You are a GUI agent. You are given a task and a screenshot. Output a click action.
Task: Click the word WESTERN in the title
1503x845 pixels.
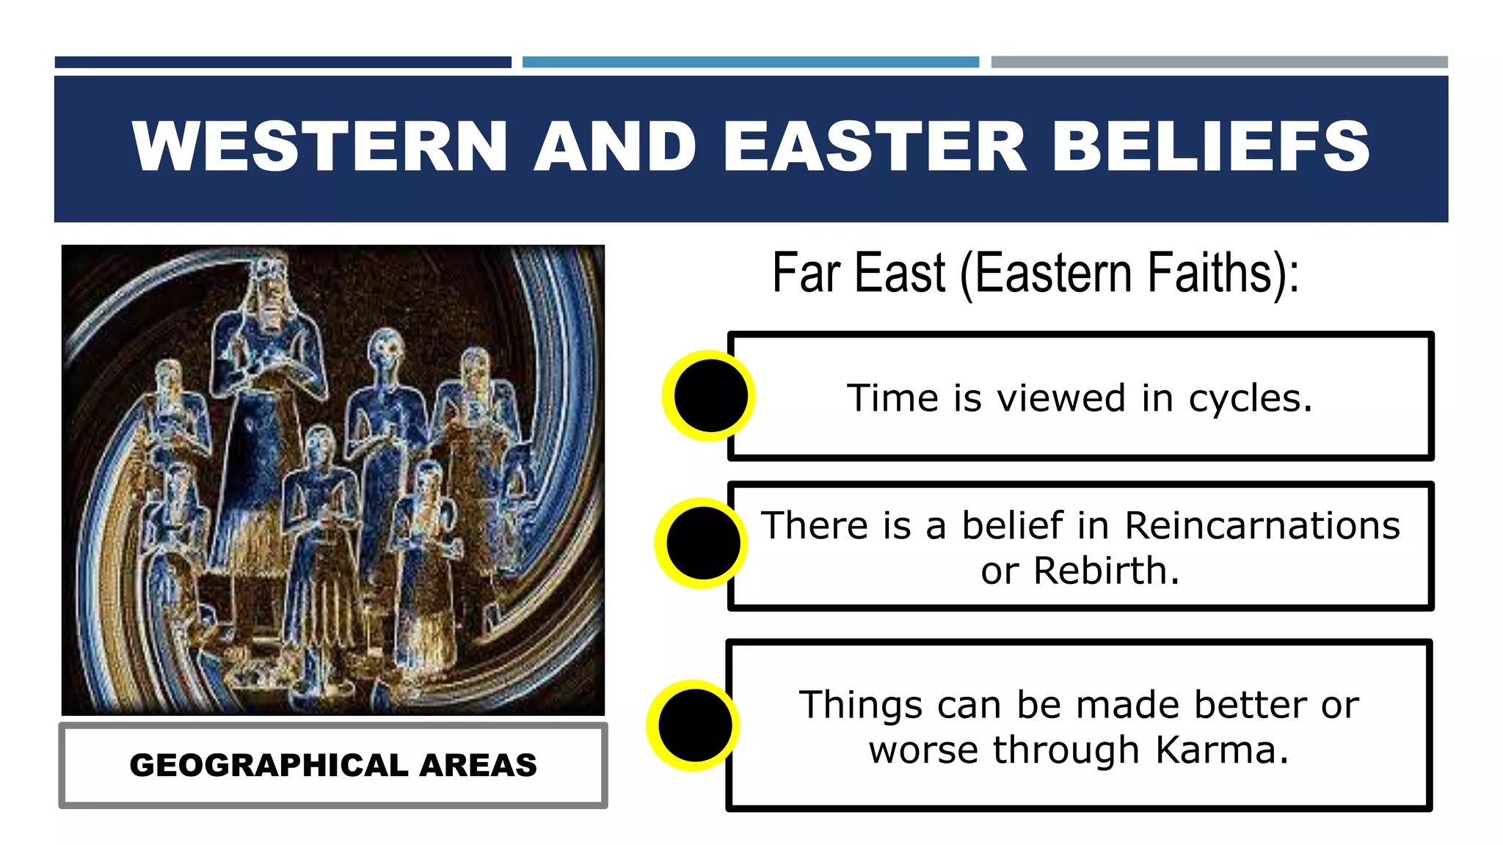pyautogui.click(x=319, y=147)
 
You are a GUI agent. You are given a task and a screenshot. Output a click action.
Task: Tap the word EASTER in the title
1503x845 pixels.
pyautogui.click(x=874, y=147)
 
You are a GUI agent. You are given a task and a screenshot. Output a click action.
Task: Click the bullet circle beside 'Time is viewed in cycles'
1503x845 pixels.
pyautogui.click(x=710, y=395)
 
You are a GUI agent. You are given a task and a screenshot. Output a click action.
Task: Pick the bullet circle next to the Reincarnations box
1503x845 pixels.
pyautogui.click(x=702, y=544)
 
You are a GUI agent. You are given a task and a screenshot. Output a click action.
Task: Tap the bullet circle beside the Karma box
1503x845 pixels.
pyautogui.click(x=694, y=725)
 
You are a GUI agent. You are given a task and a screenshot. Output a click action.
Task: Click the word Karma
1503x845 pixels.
pyautogui.click(x=1221, y=750)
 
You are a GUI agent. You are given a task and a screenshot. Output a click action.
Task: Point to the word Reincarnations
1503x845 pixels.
pyautogui.click(x=1262, y=525)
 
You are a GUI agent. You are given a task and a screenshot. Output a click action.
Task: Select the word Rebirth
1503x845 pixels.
pyautogui.click(x=1106, y=571)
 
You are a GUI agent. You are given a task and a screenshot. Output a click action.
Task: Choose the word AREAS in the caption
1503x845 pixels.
pyautogui.click(x=478, y=765)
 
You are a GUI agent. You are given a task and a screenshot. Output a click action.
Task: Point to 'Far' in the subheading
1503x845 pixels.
pyautogui.click(x=806, y=273)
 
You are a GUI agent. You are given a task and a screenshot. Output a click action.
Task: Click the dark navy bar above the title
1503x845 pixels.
pyautogui.click(x=283, y=62)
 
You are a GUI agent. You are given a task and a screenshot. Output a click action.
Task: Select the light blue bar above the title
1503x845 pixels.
pyautogui.click(x=750, y=62)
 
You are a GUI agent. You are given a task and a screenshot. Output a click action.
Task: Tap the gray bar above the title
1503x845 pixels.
pyautogui.click(x=1219, y=62)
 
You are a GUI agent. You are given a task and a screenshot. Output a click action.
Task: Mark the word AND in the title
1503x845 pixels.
pyautogui.click(x=615, y=147)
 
